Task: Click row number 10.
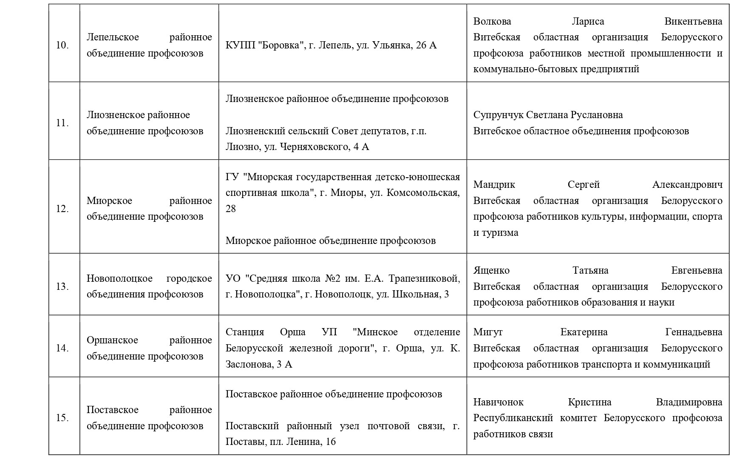click(x=62, y=45)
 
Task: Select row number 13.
click(x=62, y=286)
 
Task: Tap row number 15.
click(x=62, y=418)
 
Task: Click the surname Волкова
click(x=492, y=21)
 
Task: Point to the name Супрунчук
click(x=498, y=115)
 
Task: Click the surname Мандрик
click(x=494, y=184)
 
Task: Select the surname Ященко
click(x=491, y=270)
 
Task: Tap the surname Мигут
click(x=488, y=332)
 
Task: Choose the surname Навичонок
click(x=498, y=402)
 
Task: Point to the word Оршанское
click(x=112, y=340)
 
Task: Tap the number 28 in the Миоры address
click(x=231, y=209)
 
